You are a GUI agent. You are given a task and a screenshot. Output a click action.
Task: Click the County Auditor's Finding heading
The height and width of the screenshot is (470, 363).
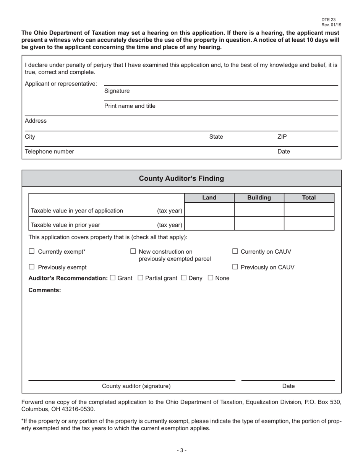181,178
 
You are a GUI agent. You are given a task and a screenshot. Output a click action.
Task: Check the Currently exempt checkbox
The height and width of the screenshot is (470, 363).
32,251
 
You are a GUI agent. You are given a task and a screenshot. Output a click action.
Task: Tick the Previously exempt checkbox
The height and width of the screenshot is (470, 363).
32,267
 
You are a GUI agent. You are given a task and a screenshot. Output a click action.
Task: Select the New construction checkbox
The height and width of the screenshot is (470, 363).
133,251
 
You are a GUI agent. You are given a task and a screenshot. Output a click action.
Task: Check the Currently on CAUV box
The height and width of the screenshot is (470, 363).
235,251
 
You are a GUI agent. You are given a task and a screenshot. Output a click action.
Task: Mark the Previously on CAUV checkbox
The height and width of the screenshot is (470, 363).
235,267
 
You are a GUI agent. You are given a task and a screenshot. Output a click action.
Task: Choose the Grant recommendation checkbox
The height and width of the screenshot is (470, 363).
112,278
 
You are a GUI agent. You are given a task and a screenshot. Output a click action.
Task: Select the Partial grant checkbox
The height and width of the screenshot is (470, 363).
140,278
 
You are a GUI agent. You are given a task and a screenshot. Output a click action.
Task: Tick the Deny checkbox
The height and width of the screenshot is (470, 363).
183,278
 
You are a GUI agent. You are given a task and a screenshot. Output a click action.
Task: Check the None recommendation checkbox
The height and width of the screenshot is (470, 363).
211,278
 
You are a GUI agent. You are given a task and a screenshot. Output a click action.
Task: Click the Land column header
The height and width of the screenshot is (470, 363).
209,198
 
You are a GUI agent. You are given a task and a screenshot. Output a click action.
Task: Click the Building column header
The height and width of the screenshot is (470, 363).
259,198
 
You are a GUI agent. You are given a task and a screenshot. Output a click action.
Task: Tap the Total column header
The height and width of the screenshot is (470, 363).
309,198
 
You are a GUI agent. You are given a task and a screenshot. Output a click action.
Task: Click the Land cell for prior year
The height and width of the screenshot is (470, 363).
209,224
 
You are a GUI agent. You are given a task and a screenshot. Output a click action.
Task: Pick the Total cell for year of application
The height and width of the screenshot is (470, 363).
309,210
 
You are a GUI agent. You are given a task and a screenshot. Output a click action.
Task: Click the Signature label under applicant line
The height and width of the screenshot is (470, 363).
117,91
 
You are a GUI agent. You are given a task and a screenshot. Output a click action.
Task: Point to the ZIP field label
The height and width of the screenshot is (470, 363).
282,137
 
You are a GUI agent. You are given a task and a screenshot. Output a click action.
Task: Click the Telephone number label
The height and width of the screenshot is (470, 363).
49,151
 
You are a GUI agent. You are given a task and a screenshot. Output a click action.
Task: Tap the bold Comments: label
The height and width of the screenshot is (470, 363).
45,290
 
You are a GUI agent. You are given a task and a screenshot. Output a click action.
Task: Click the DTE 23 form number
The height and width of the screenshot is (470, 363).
328,20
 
